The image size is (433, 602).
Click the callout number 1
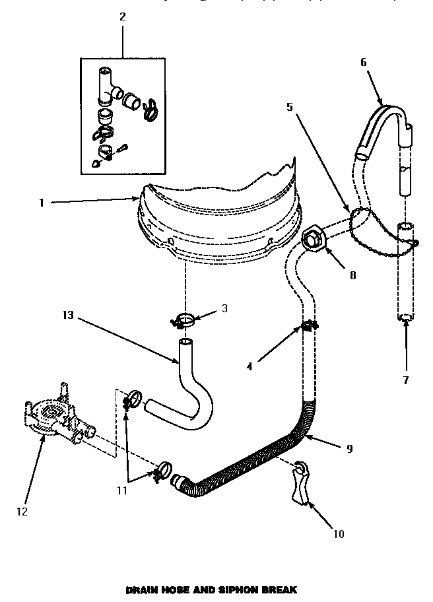pos(41,203)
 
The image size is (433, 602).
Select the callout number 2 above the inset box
pos(122,17)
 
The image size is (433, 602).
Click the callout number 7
pos(405,380)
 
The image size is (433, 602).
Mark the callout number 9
pos(349,449)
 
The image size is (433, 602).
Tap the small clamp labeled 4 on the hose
pos(308,325)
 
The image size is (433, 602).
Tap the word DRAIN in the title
pos(141,588)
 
